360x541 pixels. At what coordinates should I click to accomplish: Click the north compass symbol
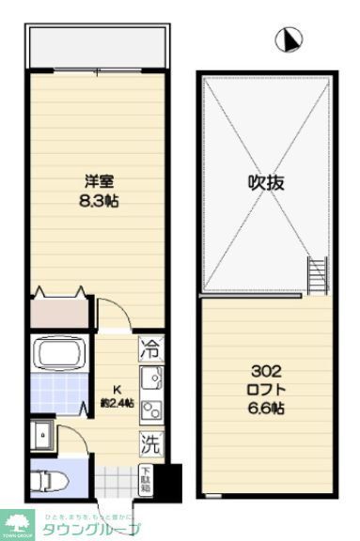(290, 39)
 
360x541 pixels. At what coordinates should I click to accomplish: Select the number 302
(267, 371)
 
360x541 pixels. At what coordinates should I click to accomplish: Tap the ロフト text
(267, 389)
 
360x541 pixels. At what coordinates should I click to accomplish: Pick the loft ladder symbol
(318, 275)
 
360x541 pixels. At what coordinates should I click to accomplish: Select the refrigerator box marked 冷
(149, 348)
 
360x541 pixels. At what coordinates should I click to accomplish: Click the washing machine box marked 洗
(149, 440)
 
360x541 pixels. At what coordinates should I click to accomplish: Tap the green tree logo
(17, 521)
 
